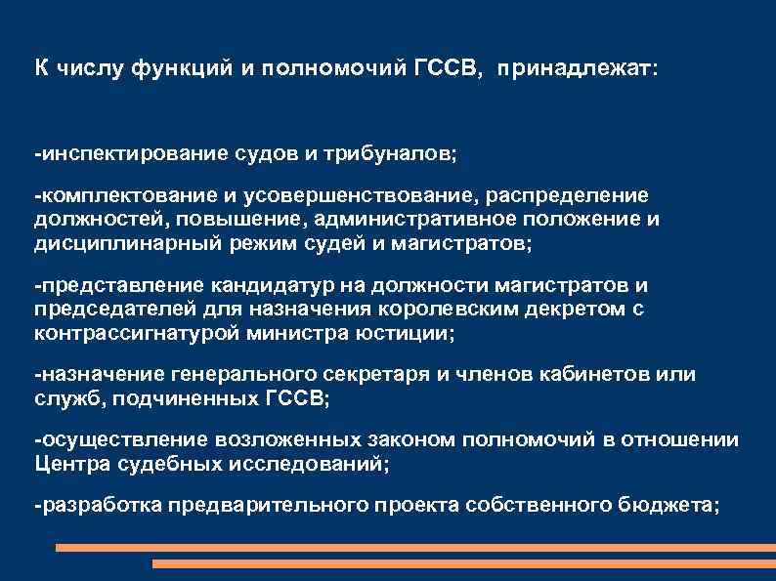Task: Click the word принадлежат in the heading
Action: [577, 70]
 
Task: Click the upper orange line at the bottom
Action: [415, 548]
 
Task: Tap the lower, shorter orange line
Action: [464, 563]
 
